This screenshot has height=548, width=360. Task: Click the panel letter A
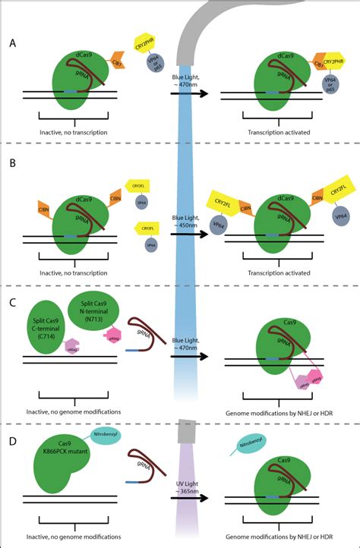tap(14, 43)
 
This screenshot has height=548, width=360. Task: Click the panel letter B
tap(14, 162)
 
